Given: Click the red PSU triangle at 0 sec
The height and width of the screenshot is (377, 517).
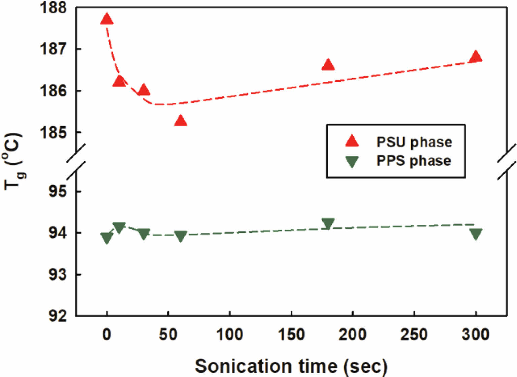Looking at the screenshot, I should (107, 20).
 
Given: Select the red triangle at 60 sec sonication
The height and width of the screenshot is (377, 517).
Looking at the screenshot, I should (181, 121).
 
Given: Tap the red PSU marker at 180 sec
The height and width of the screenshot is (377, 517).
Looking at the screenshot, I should (328, 65).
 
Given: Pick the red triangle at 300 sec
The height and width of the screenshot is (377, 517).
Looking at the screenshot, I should (476, 57).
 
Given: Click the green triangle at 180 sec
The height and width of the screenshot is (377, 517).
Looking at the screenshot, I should (328, 223).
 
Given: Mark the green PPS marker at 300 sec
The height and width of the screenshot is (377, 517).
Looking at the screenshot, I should (476, 234).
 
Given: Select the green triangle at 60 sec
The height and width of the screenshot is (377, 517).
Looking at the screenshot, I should (181, 236).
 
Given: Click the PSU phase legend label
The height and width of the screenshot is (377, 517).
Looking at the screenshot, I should (414, 142).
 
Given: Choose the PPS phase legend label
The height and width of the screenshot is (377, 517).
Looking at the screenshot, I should (413, 161).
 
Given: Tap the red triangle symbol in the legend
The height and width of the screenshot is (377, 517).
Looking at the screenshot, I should (352, 141).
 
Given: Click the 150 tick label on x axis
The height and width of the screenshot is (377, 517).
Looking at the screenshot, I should (291, 335).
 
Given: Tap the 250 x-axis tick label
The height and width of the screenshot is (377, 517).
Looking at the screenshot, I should (414, 335).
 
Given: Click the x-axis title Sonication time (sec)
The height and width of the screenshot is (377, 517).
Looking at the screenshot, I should (291, 366).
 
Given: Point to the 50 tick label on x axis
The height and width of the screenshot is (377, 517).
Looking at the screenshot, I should (168, 335).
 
